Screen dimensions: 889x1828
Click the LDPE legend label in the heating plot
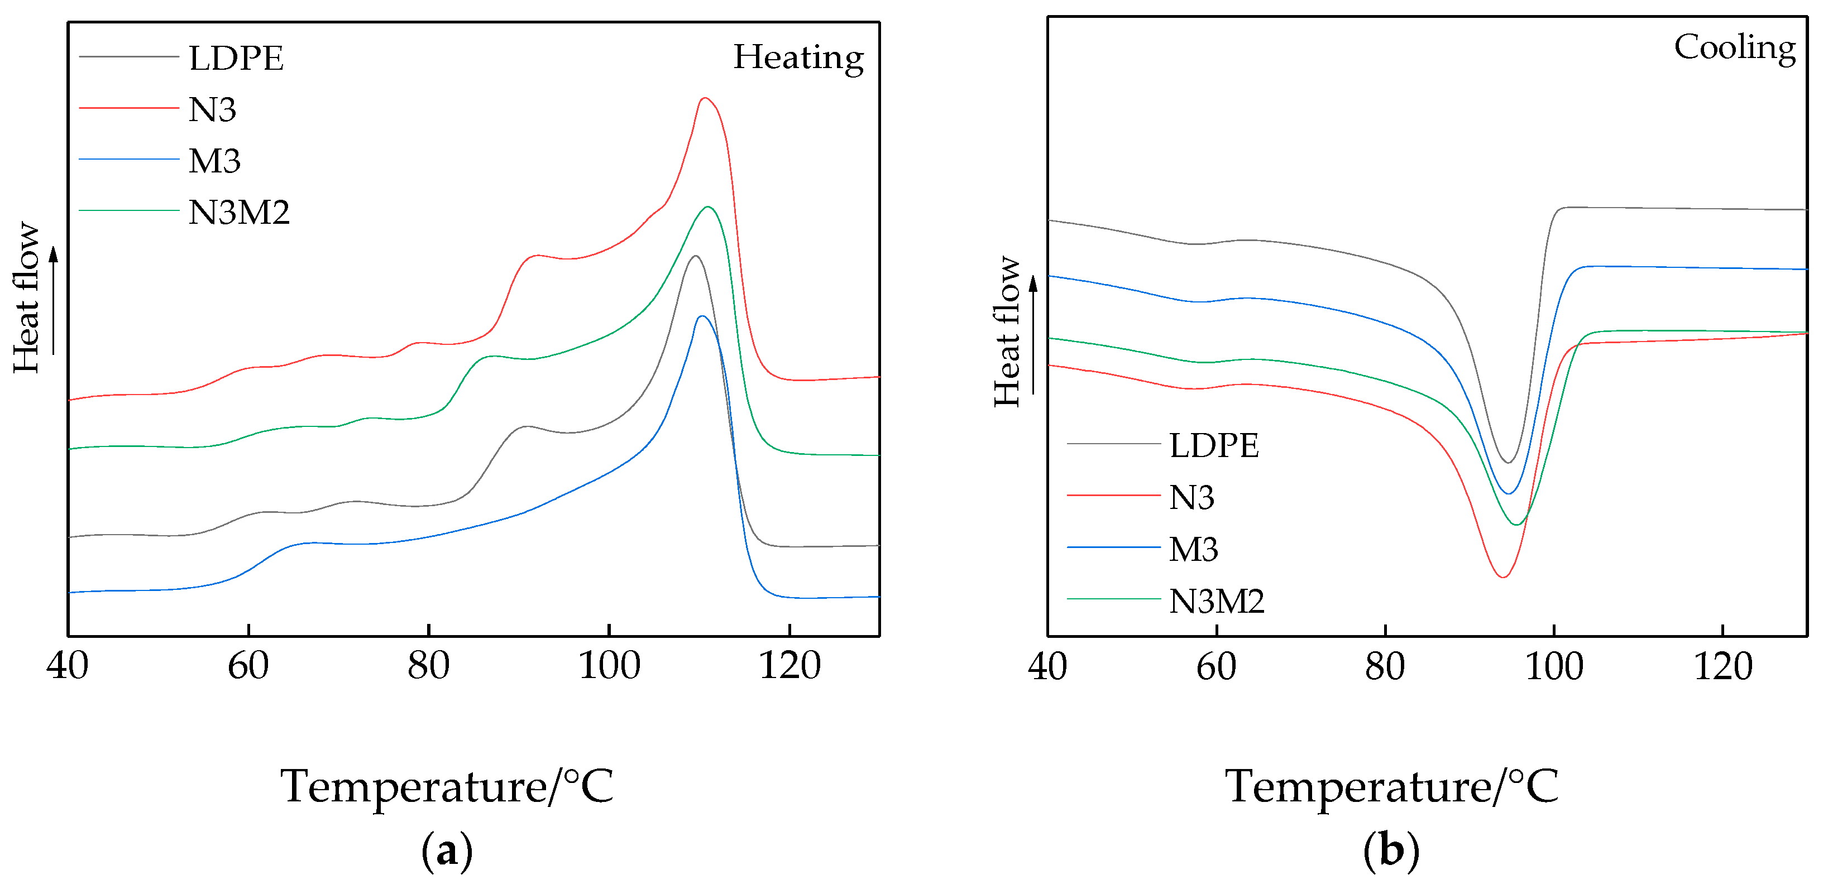[x=236, y=58]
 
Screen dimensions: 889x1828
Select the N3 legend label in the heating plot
[x=212, y=110]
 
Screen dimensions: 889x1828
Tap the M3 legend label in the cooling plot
[x=1194, y=550]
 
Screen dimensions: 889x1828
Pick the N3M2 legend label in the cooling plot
[x=1216, y=602]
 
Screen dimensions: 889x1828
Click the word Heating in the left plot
[x=798, y=57]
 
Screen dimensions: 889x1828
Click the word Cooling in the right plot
[x=1735, y=47]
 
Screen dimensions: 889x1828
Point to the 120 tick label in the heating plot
[x=789, y=666]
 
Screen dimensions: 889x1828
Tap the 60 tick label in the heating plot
[x=248, y=666]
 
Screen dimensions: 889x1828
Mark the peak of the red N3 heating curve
[x=705, y=99]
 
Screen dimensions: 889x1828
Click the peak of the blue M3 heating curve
[x=702, y=316]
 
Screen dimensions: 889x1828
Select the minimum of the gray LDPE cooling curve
[x=1508, y=463]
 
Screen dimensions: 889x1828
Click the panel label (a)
[x=446, y=850]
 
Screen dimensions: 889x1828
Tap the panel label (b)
[x=1391, y=850]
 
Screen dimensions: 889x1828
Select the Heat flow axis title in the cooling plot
[x=1006, y=331]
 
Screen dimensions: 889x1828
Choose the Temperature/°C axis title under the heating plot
[x=446, y=787]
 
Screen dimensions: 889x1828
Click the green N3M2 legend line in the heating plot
[x=128, y=211]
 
